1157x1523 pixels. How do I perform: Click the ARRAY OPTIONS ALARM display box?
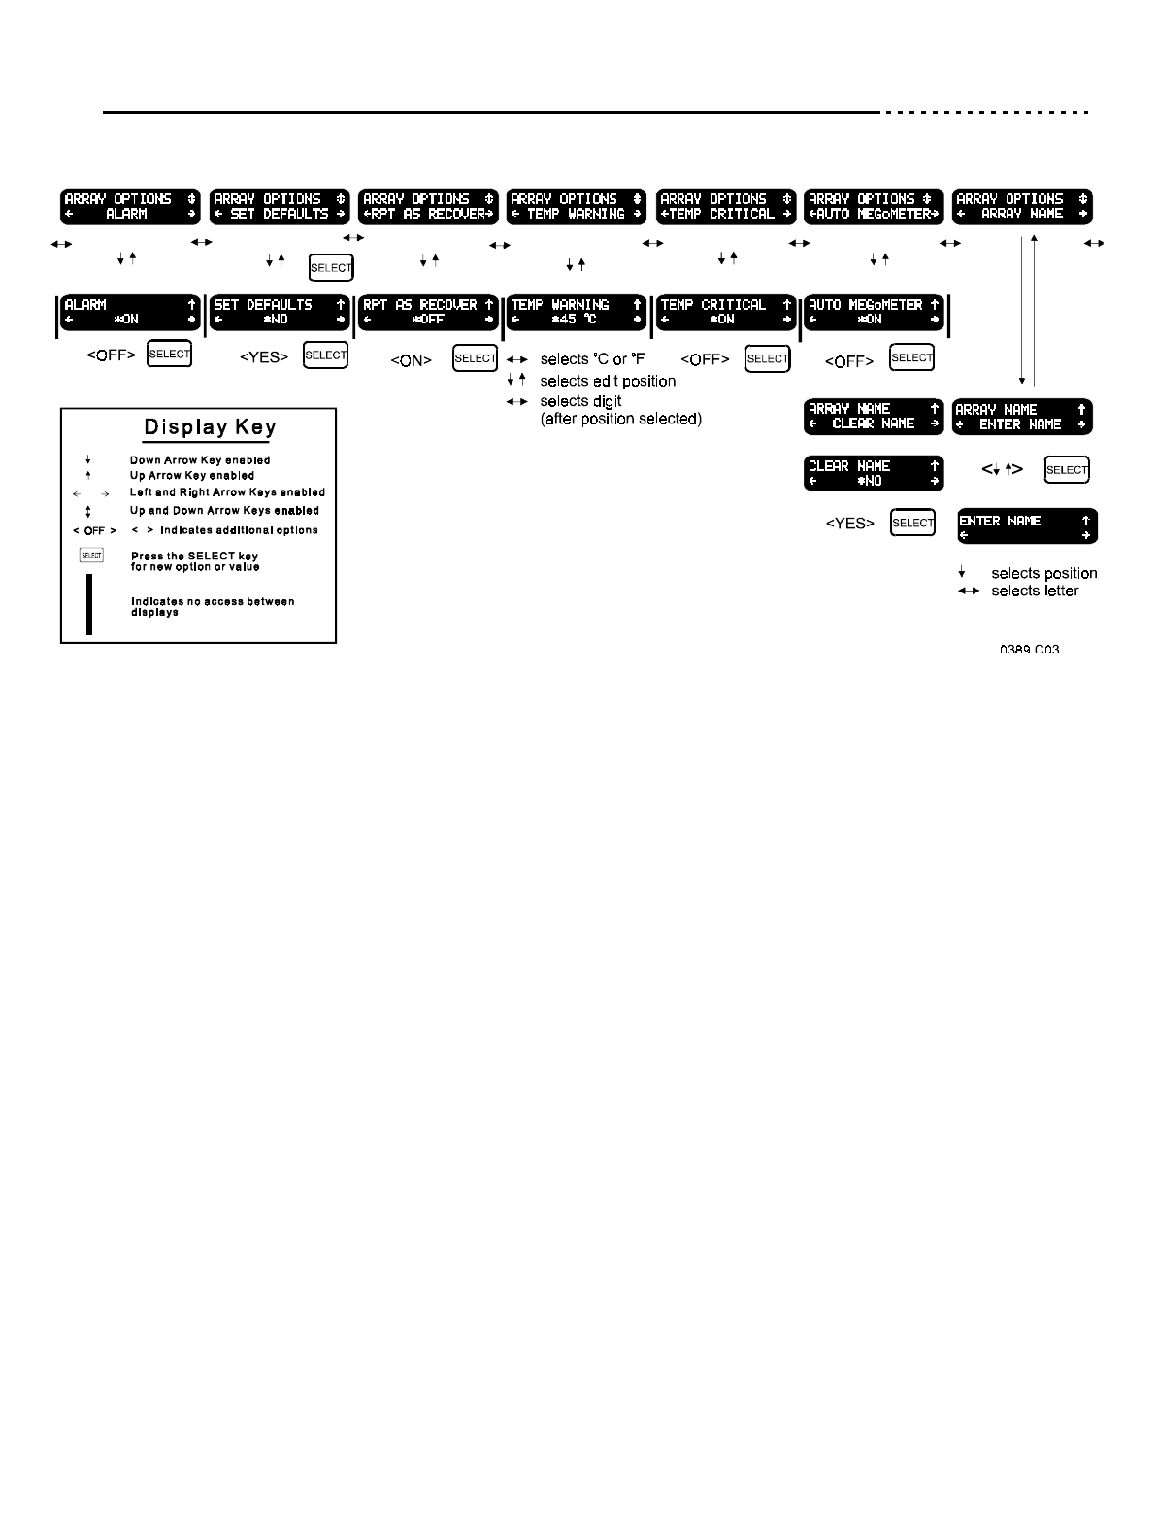[x=130, y=206]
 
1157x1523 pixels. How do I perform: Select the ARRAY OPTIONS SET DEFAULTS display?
[x=280, y=206]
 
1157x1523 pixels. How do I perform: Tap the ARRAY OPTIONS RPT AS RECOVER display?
[x=428, y=206]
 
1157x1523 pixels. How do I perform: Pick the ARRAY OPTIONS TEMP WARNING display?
[x=577, y=206]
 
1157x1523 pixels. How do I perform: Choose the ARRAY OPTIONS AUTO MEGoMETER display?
[x=874, y=206]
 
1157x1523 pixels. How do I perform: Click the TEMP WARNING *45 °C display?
[x=577, y=312]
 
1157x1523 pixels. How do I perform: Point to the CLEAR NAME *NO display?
[x=874, y=473]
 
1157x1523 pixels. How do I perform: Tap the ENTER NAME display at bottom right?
[x=1027, y=526]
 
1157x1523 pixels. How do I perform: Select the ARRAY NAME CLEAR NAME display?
[x=874, y=417]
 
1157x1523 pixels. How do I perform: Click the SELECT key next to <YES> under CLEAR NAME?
[x=912, y=523]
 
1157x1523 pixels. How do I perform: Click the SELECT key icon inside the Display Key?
[x=91, y=556]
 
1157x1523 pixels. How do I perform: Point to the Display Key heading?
[x=210, y=427]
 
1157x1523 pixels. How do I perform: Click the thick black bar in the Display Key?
[x=89, y=604]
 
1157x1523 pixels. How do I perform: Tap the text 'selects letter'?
[x=1035, y=591]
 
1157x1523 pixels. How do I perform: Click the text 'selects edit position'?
[x=608, y=381]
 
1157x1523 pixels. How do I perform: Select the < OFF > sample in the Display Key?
[x=94, y=531]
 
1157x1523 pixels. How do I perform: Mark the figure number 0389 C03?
[x=1029, y=648]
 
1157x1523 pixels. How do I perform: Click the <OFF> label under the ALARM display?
[x=111, y=355]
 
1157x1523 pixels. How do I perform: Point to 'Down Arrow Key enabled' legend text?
[x=200, y=460]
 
